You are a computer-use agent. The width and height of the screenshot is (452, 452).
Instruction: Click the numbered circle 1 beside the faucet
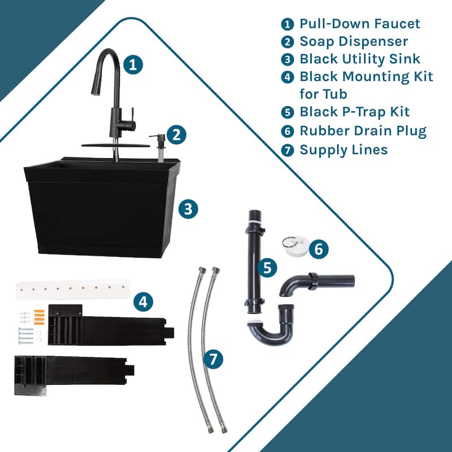[133, 64]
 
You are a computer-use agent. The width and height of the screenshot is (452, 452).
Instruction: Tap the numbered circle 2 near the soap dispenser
[177, 134]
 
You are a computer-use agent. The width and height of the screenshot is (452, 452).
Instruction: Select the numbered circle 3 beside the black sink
[188, 210]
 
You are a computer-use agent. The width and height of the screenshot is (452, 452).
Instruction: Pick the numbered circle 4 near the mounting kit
[143, 301]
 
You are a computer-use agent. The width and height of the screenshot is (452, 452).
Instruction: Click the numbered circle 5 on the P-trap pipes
[266, 267]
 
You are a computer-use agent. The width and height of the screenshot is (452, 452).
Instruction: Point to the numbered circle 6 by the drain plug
[318, 249]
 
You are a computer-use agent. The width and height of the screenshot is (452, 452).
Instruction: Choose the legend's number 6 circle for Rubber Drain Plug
[288, 131]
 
